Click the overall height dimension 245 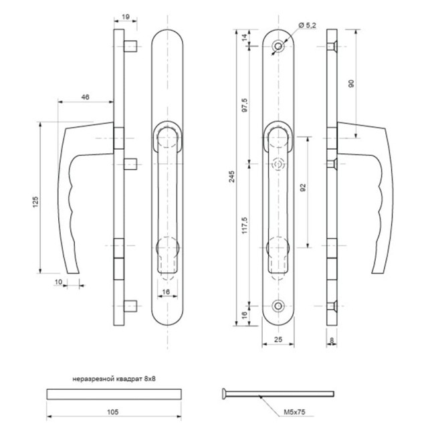click(231, 177)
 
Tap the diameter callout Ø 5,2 click(307, 25)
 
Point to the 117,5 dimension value click(245, 225)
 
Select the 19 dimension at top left click(126, 17)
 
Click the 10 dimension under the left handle click(58, 282)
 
